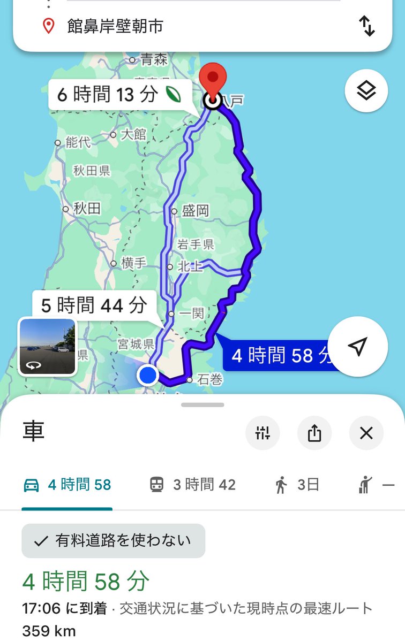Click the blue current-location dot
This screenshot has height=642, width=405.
pos(147,375)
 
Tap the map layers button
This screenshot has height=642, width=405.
pos(366,91)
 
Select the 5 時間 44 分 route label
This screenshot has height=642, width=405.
pos(94,306)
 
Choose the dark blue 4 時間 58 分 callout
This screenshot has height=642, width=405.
pos(279,355)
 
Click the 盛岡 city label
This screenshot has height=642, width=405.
pos(195,211)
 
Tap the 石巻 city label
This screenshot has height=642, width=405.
pos(209,380)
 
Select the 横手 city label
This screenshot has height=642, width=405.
pos(133,263)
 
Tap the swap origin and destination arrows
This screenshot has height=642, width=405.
pos(367,26)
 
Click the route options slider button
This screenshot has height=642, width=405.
pos(262,433)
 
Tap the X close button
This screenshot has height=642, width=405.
pos(366,433)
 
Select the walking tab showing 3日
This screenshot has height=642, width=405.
pos(297,485)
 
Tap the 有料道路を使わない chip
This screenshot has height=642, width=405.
pos(113,541)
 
